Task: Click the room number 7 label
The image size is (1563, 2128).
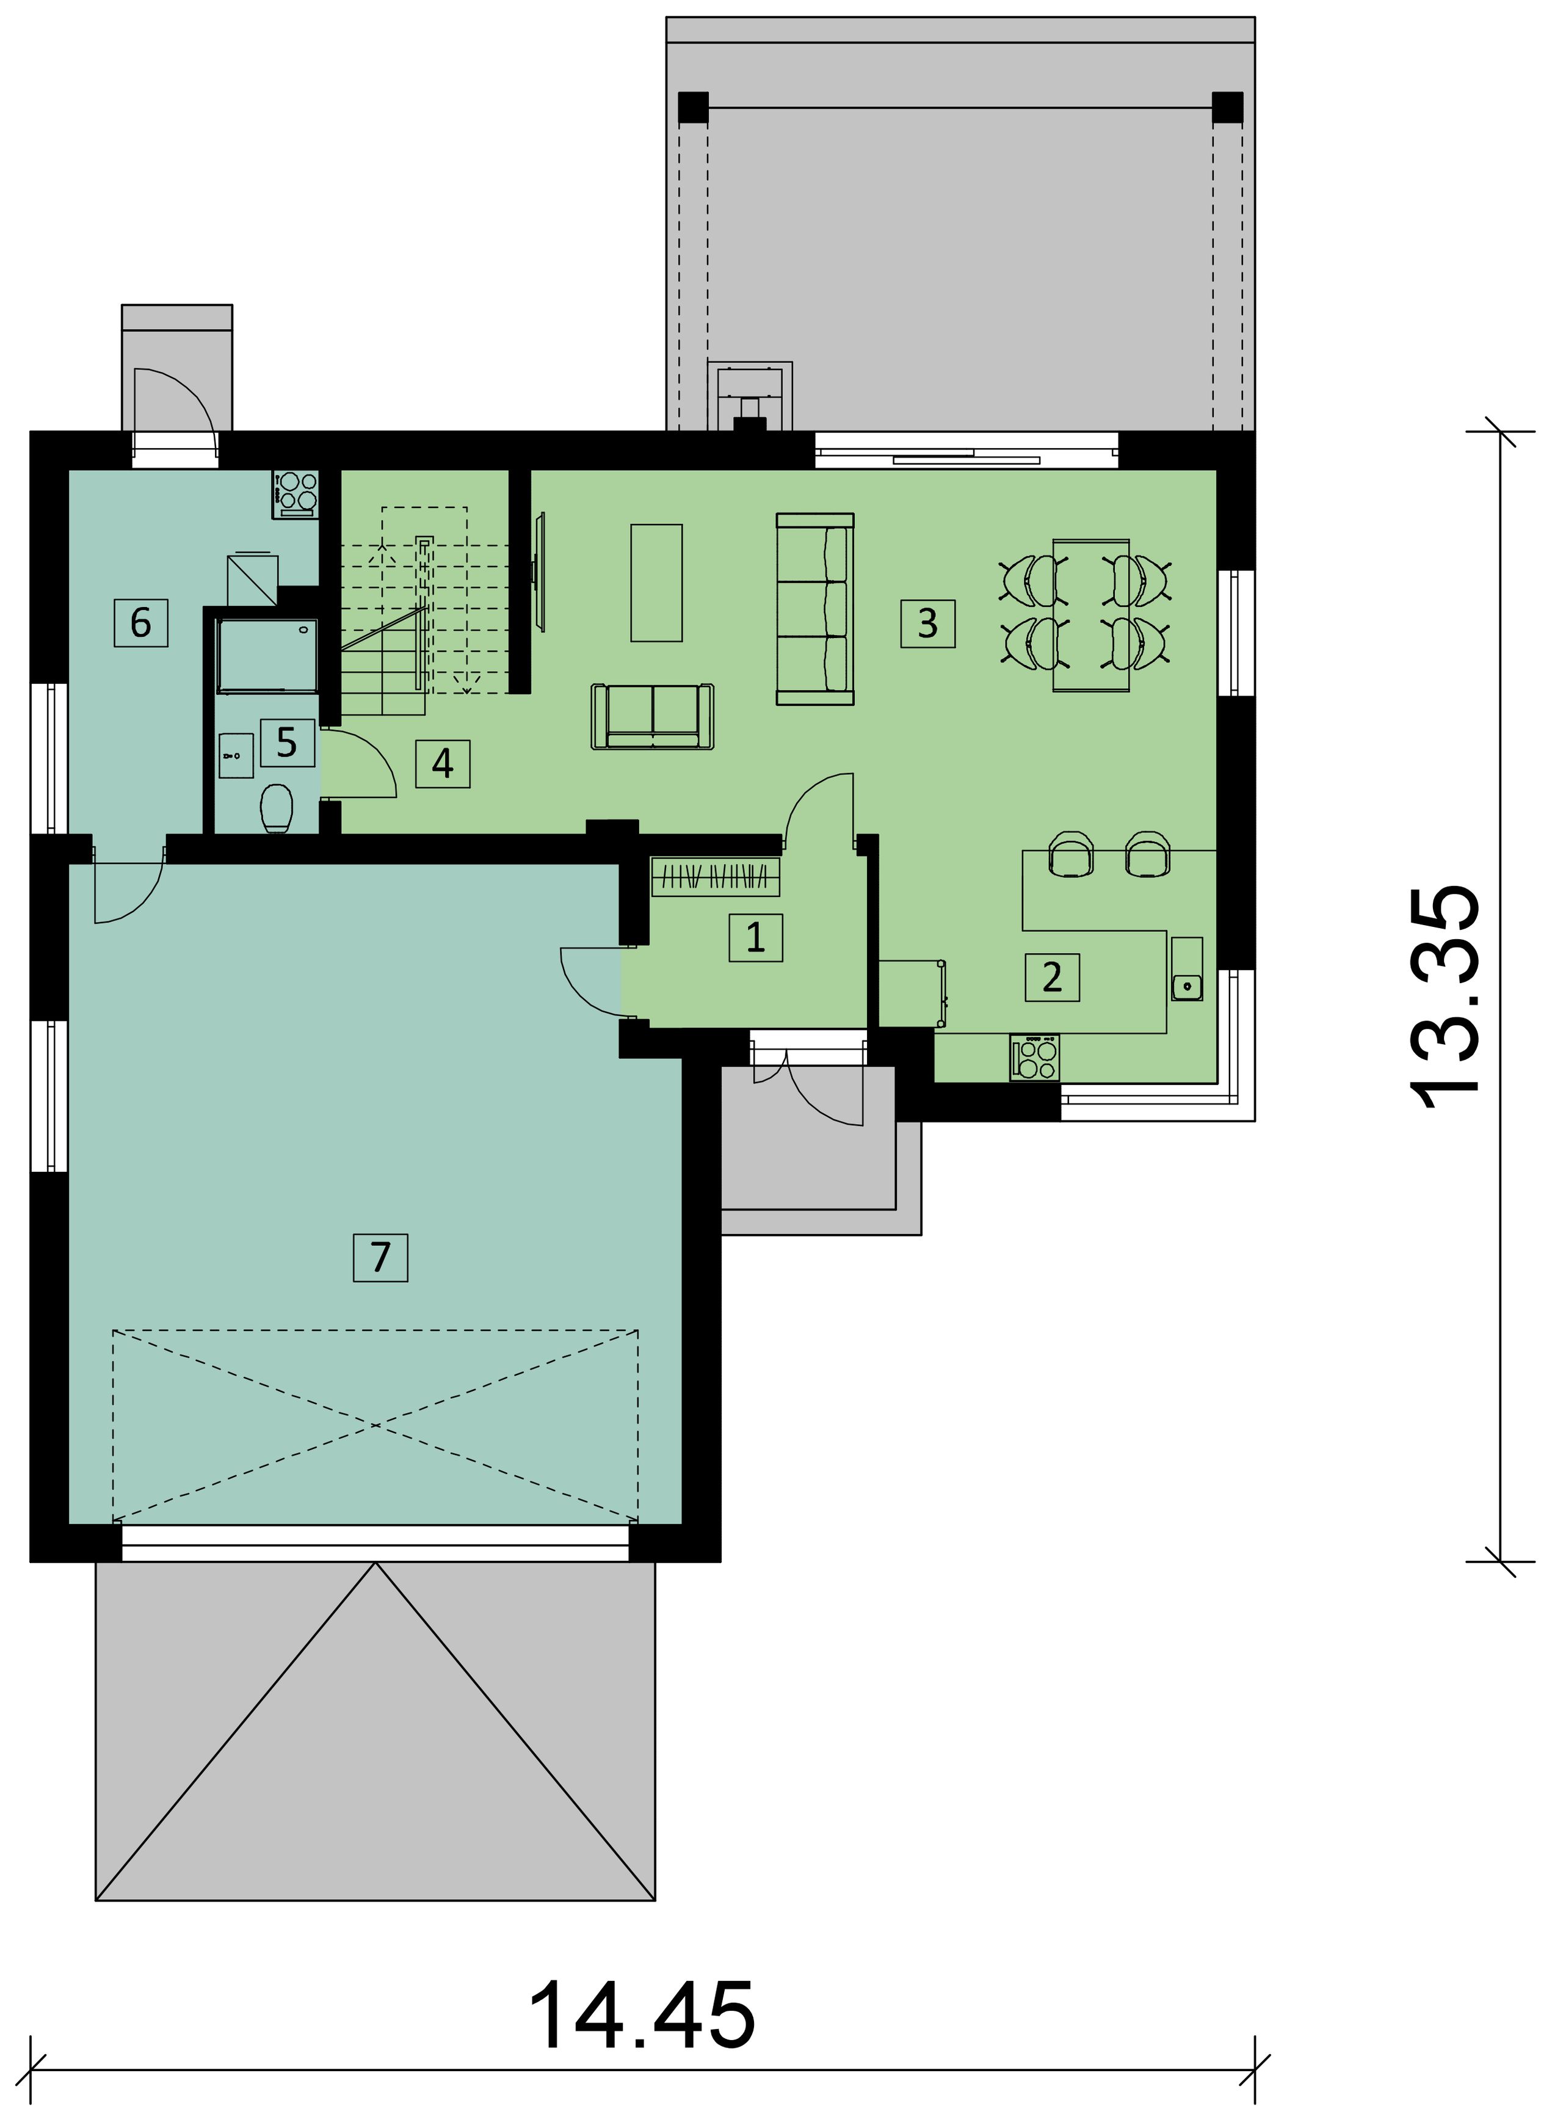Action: (380, 1257)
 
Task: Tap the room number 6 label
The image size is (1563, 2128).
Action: (141, 623)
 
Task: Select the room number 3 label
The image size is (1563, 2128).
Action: (928, 623)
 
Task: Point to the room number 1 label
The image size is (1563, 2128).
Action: (756, 938)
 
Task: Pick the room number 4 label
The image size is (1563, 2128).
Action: (443, 764)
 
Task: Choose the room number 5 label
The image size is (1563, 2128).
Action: (288, 743)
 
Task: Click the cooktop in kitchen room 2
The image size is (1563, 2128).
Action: (1035, 1057)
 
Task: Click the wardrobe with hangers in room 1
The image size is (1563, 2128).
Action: (716, 876)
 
